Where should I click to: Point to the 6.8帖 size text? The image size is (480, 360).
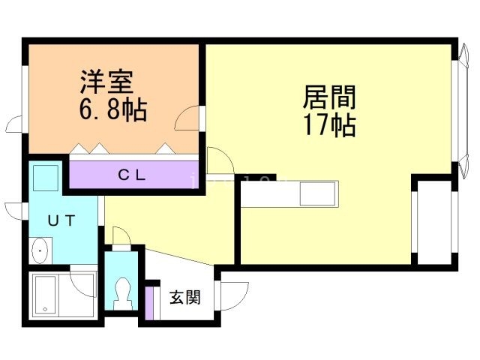[x=113, y=110]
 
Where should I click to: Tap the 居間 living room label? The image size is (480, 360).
[x=329, y=97]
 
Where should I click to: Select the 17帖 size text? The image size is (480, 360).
[x=329, y=125]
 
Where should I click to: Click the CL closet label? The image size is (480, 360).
[x=135, y=176]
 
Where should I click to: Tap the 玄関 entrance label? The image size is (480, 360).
[x=184, y=297]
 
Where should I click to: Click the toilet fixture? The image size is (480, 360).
[x=122, y=292]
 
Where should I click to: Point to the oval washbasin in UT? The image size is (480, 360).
[x=40, y=250]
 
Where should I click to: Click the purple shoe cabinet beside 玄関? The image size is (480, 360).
[x=148, y=301]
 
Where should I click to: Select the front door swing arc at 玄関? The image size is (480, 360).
[x=234, y=294]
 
